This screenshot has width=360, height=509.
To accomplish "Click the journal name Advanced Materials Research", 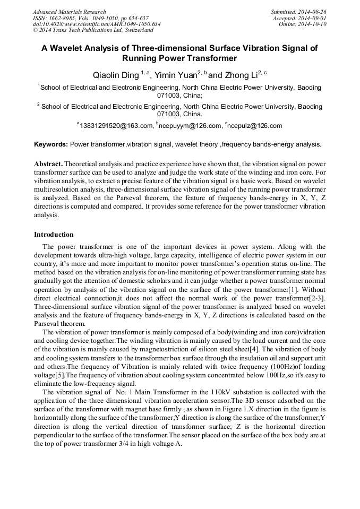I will [69, 12].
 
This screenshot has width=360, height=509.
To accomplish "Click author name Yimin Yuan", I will [177, 75].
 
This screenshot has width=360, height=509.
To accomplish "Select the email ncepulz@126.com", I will [255, 126].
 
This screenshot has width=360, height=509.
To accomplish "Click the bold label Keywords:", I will [51, 144].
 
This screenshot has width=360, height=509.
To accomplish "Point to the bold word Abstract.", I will [49, 165].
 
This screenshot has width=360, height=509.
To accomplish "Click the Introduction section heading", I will [54, 235].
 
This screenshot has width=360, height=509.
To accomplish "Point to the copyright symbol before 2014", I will [36, 31].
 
